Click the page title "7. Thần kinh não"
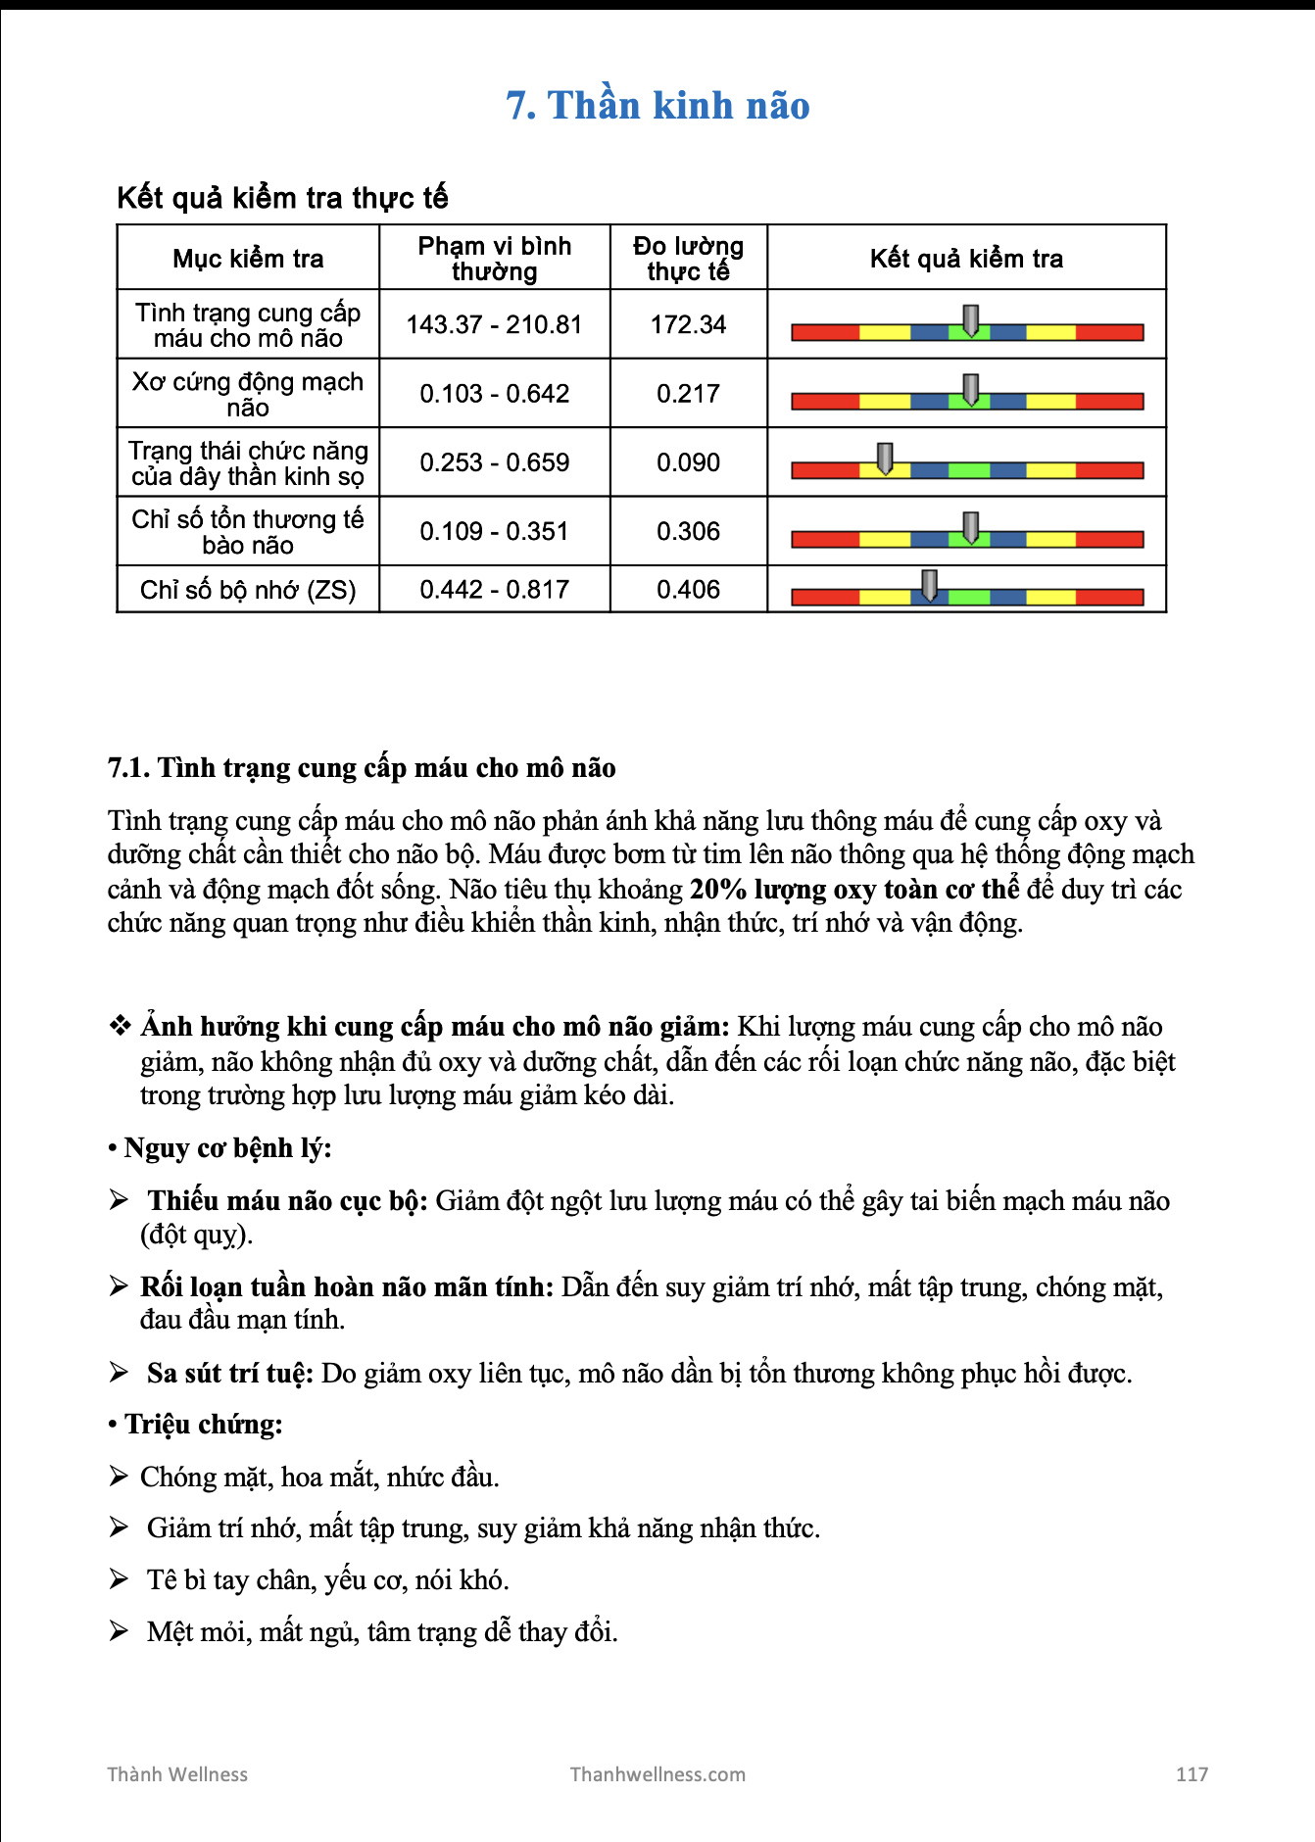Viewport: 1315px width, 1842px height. coord(657,106)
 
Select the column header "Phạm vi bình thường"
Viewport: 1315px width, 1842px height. coord(494,259)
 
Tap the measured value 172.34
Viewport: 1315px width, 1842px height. coord(688,324)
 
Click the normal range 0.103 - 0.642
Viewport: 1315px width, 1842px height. coord(494,394)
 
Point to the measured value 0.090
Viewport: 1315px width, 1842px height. coord(688,462)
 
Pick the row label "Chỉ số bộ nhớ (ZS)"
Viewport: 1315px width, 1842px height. coord(248,590)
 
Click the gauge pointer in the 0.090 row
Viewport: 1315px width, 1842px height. coord(885,458)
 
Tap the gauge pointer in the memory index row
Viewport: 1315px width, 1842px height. coord(929,585)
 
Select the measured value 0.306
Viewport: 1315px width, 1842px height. coord(688,531)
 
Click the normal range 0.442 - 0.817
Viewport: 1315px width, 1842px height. coord(494,590)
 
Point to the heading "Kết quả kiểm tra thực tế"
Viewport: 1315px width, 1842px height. coord(282,198)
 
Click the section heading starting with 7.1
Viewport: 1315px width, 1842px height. coord(362,768)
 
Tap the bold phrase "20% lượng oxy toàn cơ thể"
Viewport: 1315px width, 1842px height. coord(854,890)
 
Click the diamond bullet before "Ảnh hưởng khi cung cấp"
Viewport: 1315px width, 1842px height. coord(120,1026)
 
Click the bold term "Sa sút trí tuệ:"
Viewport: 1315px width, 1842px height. coord(230,1374)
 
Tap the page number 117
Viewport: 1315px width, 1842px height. coord(1192,1774)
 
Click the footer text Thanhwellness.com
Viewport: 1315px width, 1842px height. coord(657,1774)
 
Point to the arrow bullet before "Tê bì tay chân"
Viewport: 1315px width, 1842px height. coord(119,1579)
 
